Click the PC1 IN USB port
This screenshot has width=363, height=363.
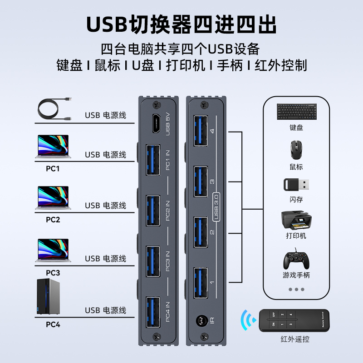pos(153,160)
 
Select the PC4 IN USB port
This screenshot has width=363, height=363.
pos(153,313)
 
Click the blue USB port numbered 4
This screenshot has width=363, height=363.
pos(201,132)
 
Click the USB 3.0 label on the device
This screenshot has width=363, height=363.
pos(216,206)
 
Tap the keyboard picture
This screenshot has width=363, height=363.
pos(296,112)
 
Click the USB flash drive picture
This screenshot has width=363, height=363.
pos(297,185)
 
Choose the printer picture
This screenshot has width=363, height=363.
pos(296,220)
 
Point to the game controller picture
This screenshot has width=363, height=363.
pos(296,260)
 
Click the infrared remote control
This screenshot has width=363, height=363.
pos(294,320)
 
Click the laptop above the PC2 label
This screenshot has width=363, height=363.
pos(53,198)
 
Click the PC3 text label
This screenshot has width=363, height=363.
pos(53,273)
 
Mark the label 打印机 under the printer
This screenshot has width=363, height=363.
pos(296,235)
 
